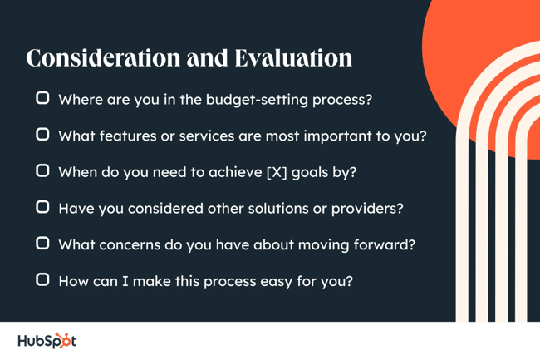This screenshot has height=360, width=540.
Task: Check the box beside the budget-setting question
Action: pos(42,98)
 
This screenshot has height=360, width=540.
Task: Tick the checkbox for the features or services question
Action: pos(42,134)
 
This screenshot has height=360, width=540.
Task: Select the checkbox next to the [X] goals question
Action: pos(42,170)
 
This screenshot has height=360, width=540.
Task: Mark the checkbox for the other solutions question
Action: pos(42,207)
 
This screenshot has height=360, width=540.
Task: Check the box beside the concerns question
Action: pos(42,244)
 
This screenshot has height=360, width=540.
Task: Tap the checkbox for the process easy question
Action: pos(42,280)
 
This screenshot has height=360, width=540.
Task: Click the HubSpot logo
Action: pos(47,341)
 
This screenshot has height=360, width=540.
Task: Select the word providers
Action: pos(370,208)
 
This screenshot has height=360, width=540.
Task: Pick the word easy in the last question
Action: pos(279,281)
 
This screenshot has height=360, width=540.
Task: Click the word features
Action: pos(121,135)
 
